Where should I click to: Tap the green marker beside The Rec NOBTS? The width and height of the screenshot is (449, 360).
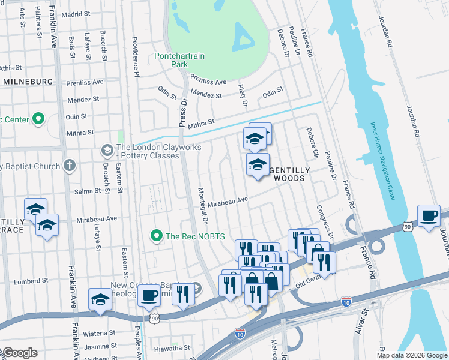point(157,236)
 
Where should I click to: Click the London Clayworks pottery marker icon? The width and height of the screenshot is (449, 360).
point(107,149)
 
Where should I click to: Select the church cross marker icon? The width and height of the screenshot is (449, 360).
point(70,166)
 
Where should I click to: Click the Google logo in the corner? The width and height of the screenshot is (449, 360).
point(19,353)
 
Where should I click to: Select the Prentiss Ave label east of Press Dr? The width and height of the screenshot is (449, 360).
point(208,81)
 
